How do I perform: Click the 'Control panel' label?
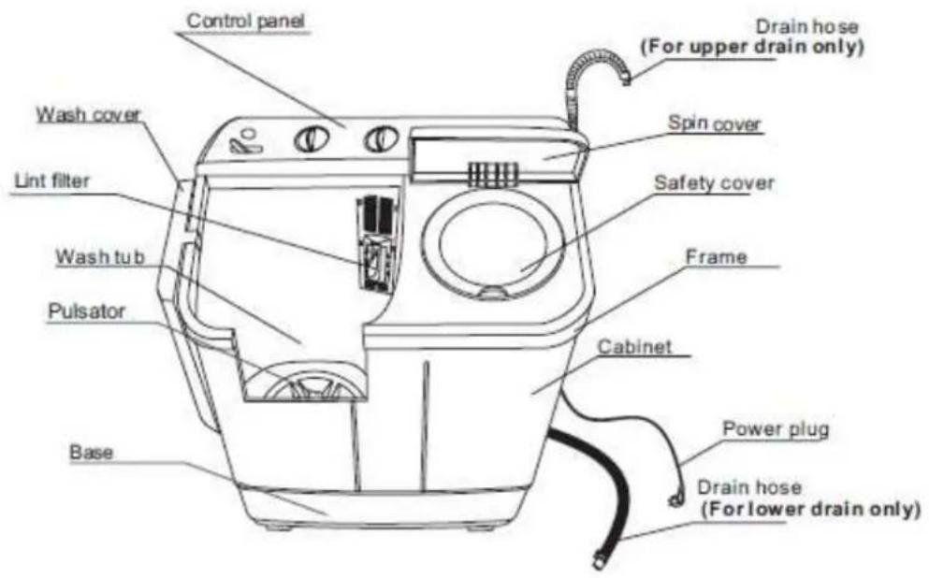click(x=245, y=21)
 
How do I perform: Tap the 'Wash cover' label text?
click(x=88, y=114)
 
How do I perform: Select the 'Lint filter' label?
click(x=52, y=181)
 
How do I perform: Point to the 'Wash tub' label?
click(x=100, y=257)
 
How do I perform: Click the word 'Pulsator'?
click(x=86, y=311)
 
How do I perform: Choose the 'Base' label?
click(x=92, y=453)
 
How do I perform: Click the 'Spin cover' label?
click(x=714, y=123)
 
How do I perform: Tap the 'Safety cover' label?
click(x=714, y=183)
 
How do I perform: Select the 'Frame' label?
click(x=716, y=257)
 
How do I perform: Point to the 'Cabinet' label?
click(x=634, y=346)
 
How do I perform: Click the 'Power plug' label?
click(x=776, y=428)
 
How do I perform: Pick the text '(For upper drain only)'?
click(x=752, y=46)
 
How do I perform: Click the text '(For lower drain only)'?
click(x=810, y=509)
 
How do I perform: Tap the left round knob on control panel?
click(x=312, y=140)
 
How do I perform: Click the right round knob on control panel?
click(x=381, y=139)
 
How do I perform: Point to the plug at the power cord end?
click(x=676, y=499)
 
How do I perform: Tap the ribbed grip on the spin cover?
click(x=493, y=173)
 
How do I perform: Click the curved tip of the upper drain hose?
click(x=625, y=76)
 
